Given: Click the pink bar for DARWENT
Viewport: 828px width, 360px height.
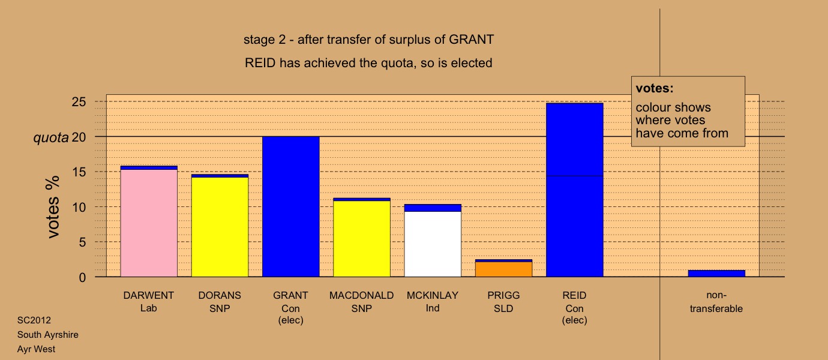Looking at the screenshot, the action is (149, 223).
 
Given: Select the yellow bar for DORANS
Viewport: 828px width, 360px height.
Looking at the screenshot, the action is (220, 227).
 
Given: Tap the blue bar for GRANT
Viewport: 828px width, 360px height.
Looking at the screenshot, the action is (291, 206).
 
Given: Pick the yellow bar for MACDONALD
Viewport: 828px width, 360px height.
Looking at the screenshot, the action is (362, 239).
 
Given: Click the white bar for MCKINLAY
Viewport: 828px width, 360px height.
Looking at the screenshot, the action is (433, 244).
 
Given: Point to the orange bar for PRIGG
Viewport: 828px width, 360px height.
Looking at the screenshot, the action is (504, 269).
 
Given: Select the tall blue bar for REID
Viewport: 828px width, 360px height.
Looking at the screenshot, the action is (575, 190).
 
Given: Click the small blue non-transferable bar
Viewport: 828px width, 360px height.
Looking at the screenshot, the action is (716, 274).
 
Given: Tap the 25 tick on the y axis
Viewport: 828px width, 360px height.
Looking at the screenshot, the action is (79, 101).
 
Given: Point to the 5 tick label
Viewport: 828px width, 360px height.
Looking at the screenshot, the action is (82, 242).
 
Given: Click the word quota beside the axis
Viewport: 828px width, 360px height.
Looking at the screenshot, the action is (51, 138).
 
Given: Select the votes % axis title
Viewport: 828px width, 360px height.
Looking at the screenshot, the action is (53, 207).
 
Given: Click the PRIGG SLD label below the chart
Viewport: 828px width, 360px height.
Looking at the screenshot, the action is (503, 302).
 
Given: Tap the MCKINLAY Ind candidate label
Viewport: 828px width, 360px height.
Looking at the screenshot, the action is (433, 302).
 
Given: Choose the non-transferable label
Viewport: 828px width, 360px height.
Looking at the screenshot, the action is (716, 302).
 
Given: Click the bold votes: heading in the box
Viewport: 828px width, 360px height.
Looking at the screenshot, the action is (655, 88).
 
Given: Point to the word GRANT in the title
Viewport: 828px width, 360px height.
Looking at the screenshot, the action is (471, 40).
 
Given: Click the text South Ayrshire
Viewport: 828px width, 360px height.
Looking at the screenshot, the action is (47, 335).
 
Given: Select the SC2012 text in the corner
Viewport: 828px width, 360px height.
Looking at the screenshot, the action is (34, 320).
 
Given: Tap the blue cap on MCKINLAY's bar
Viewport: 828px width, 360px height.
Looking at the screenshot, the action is (433, 208).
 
